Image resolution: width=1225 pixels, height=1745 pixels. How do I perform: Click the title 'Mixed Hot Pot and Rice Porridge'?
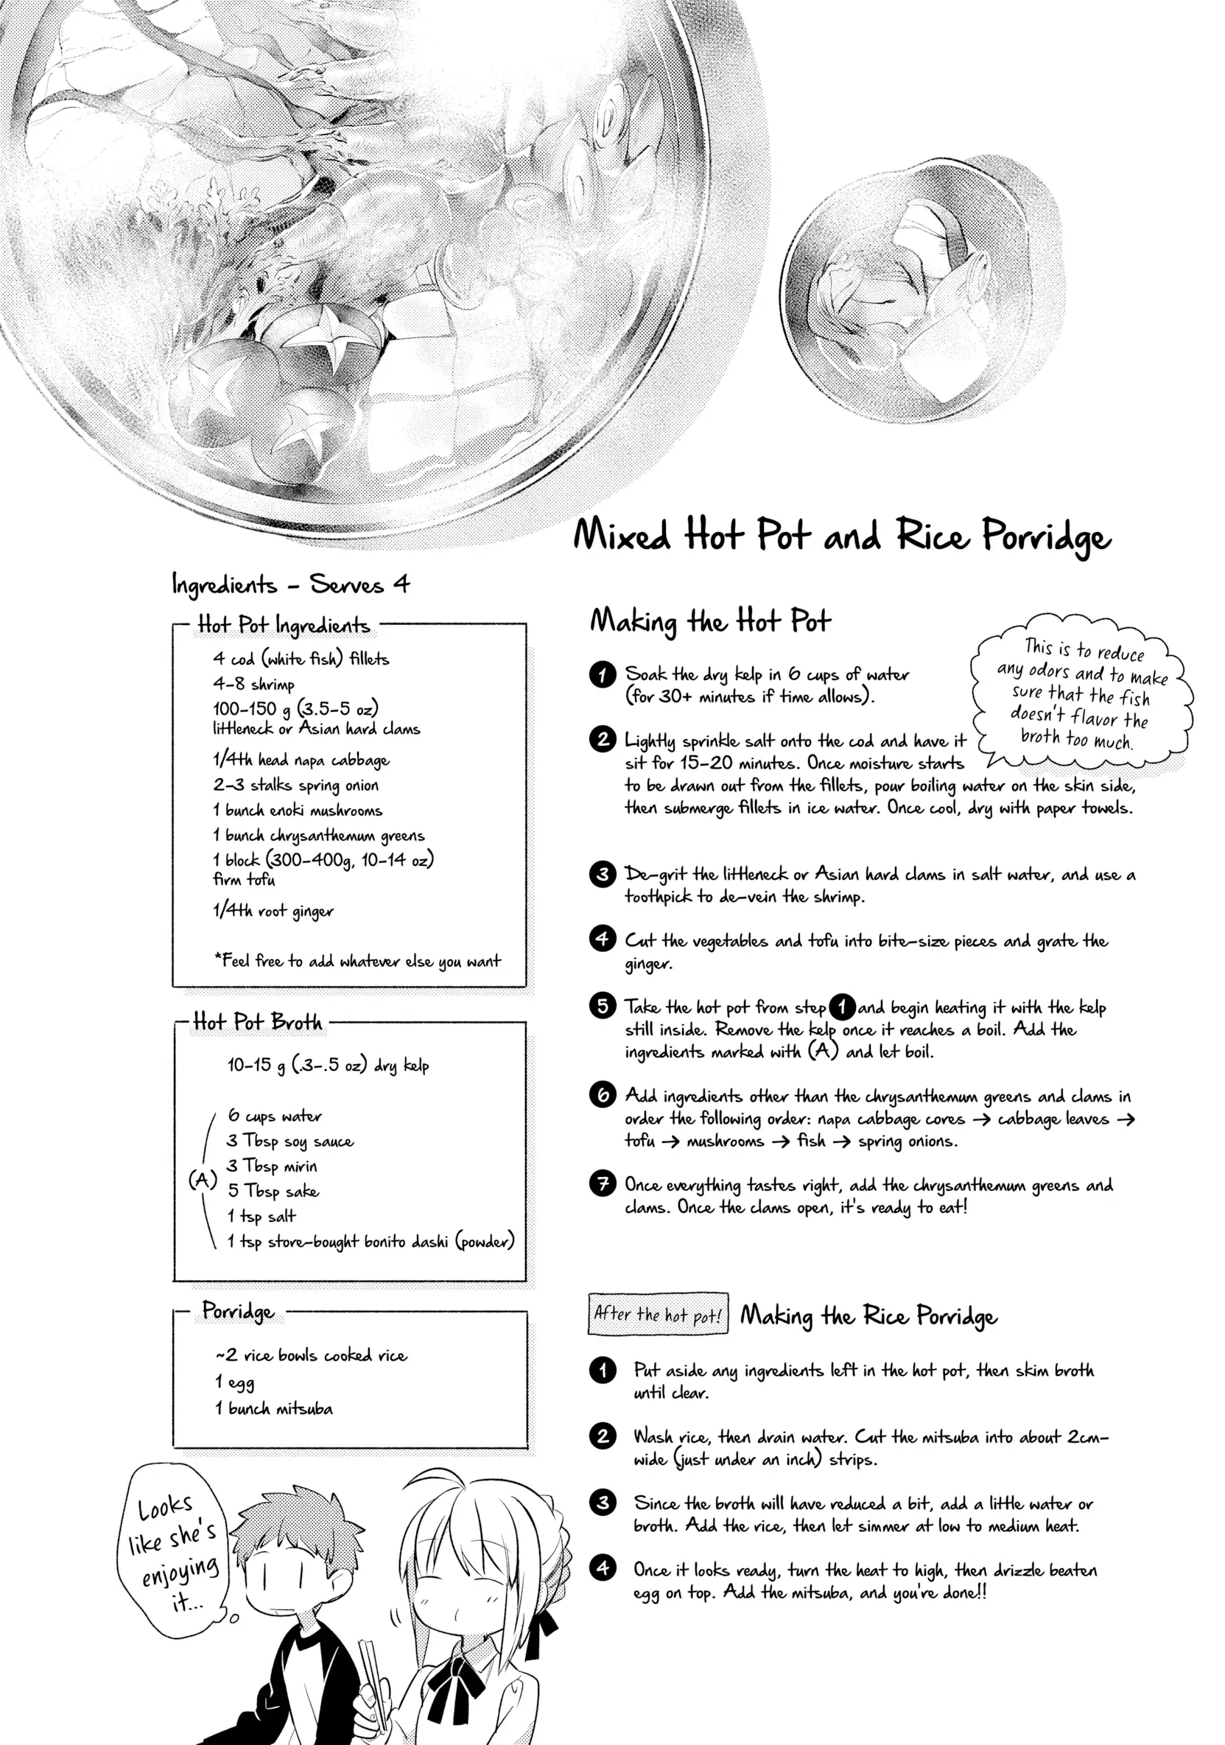click(841, 535)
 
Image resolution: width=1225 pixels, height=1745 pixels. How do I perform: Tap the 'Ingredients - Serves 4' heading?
click(290, 585)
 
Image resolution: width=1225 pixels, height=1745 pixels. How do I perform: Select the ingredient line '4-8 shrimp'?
click(254, 684)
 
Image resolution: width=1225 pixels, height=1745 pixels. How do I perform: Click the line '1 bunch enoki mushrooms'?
click(297, 810)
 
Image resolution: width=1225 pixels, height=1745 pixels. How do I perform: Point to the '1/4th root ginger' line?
click(273, 911)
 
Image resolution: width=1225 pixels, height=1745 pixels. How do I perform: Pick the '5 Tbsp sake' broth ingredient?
click(273, 1191)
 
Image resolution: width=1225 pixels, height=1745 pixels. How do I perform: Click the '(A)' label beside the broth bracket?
click(202, 1180)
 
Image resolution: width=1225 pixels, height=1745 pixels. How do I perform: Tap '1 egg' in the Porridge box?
click(235, 1382)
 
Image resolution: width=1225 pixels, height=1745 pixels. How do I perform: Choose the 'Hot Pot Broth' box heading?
click(258, 1022)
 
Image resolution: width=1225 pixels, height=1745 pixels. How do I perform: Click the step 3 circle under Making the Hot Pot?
click(602, 874)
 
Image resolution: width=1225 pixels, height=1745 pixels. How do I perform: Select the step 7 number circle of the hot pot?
click(602, 1184)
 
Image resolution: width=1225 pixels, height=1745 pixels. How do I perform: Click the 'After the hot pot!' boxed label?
click(657, 1314)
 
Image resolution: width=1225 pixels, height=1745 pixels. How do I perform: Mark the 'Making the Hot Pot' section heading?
click(710, 622)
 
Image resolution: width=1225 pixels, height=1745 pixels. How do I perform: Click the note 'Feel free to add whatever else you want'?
click(358, 962)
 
